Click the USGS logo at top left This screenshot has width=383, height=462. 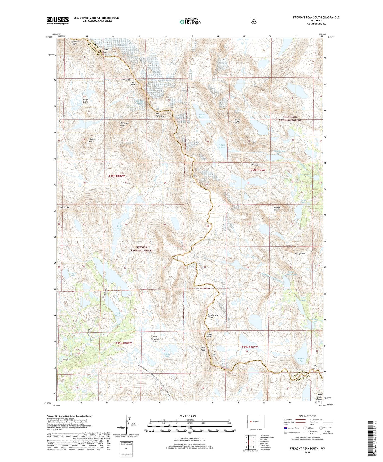(58, 20)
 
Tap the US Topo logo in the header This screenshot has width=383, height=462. (190, 22)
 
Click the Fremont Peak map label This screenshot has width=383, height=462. (75, 43)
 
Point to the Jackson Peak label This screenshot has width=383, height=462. (107, 51)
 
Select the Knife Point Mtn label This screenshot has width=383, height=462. (160, 115)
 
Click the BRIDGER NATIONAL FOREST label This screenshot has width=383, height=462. (142, 249)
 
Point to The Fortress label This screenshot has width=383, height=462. (254, 164)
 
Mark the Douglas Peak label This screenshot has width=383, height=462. (278, 209)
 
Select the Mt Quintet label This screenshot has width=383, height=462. (300, 253)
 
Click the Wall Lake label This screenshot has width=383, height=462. (119, 227)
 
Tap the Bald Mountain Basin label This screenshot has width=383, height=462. (155, 339)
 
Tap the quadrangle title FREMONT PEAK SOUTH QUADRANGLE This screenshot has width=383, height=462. (316, 17)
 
